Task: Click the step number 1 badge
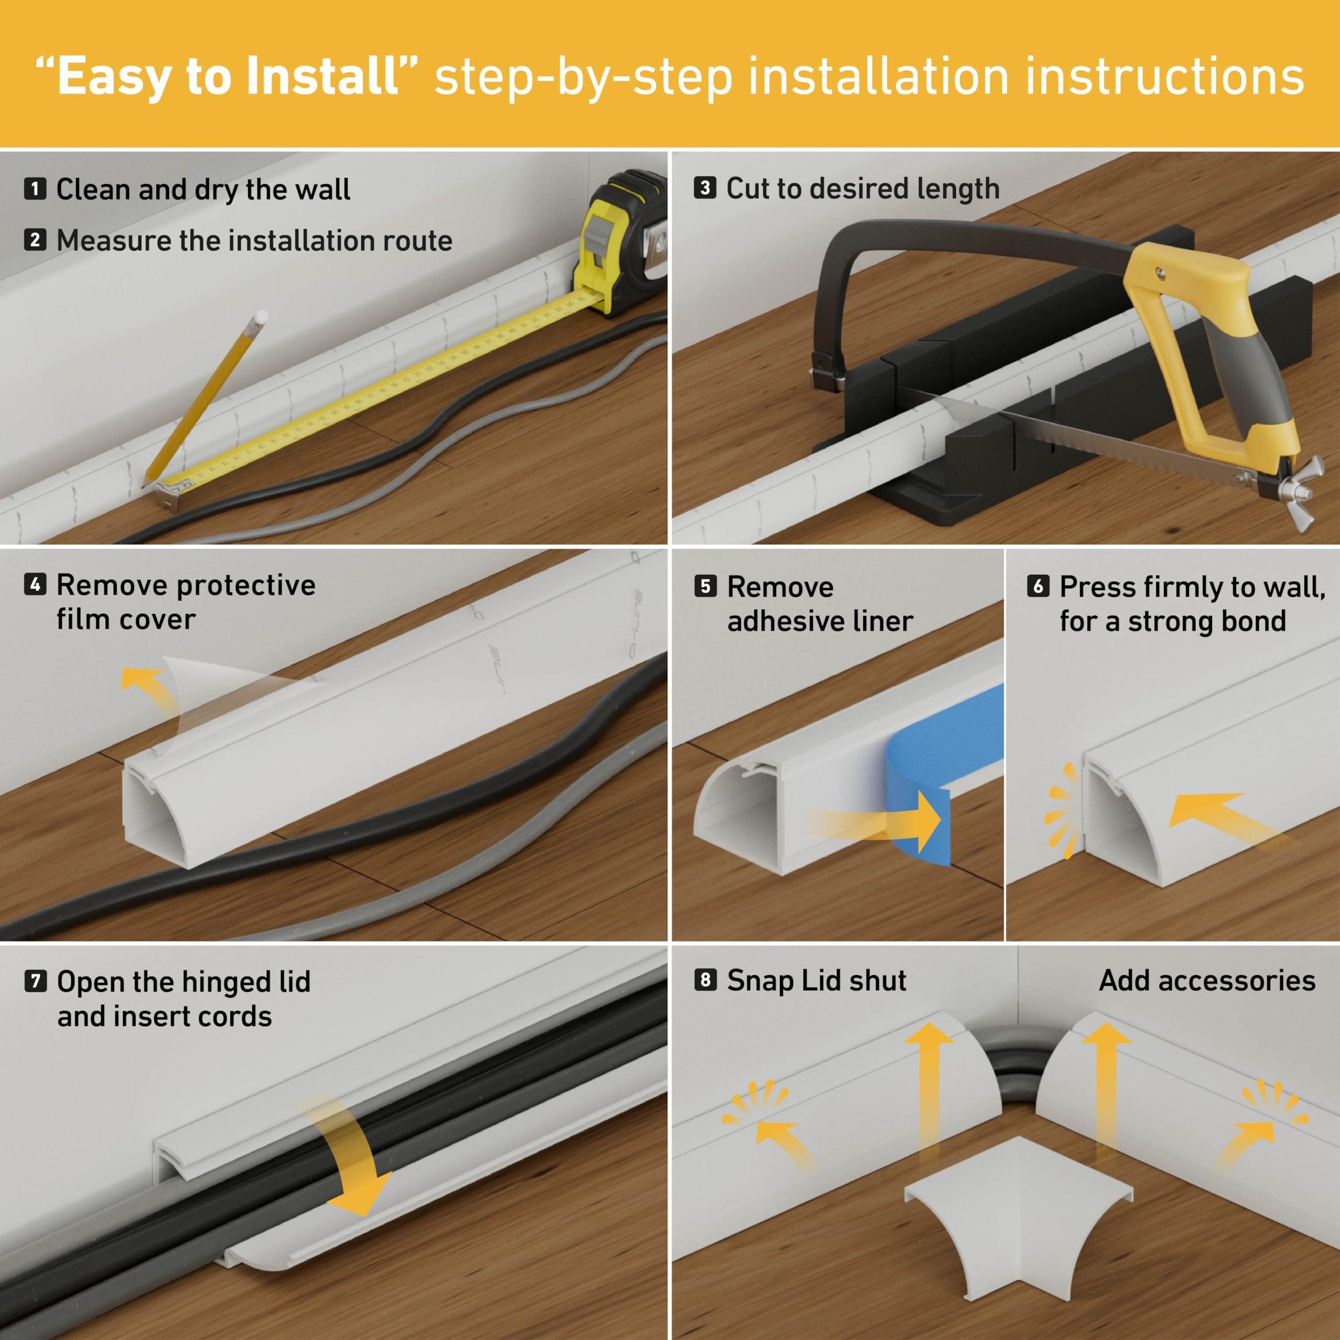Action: tap(35, 188)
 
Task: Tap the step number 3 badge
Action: tap(705, 188)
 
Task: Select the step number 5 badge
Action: tap(705, 586)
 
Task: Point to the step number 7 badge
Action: tap(35, 981)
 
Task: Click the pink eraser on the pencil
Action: tap(261, 316)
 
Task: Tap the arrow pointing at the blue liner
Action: tap(895, 822)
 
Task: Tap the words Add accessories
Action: tap(1207, 980)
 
